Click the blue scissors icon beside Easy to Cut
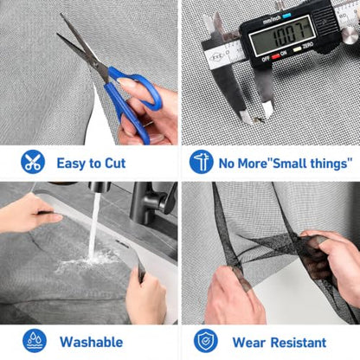33,162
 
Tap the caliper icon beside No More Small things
202,162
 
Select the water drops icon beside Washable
35,341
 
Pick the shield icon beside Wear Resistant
206,341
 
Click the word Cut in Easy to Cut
115,164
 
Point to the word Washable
91,342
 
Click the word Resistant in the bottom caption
299,343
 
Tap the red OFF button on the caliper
275,56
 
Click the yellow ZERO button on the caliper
297,49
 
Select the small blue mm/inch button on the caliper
286,16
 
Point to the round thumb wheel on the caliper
350,35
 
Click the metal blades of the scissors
83,48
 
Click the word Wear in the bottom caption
249,343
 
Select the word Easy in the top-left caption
71,164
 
